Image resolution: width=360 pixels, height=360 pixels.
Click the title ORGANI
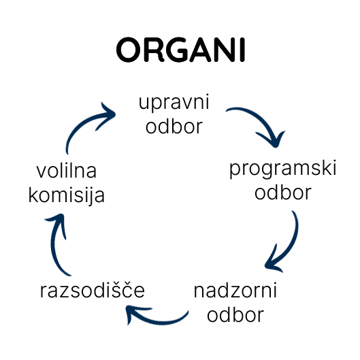[x=181, y=50]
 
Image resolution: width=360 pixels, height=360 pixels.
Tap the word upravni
[x=174, y=102]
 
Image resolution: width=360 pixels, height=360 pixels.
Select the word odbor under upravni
[x=174, y=126]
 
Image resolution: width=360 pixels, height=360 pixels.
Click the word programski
[x=282, y=169]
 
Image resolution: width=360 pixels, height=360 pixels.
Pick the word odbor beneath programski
[x=283, y=192]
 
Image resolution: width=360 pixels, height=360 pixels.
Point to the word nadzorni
[x=235, y=291]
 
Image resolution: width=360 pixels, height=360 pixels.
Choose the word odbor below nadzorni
[x=235, y=314]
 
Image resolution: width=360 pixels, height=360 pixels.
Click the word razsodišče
[x=93, y=290]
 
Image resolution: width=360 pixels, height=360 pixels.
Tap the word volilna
[x=67, y=171]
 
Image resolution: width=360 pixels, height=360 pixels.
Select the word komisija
[x=67, y=195]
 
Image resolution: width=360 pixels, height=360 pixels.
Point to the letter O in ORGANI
[x=128, y=50]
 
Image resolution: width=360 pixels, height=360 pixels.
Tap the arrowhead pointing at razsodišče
[x=135, y=314]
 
